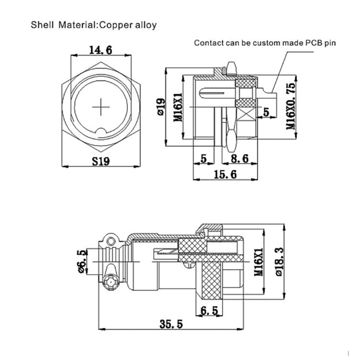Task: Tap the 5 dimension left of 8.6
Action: [204, 159]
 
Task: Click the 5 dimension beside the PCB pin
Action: [266, 112]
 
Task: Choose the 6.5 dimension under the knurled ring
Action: [209, 311]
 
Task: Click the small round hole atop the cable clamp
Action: [111, 240]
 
